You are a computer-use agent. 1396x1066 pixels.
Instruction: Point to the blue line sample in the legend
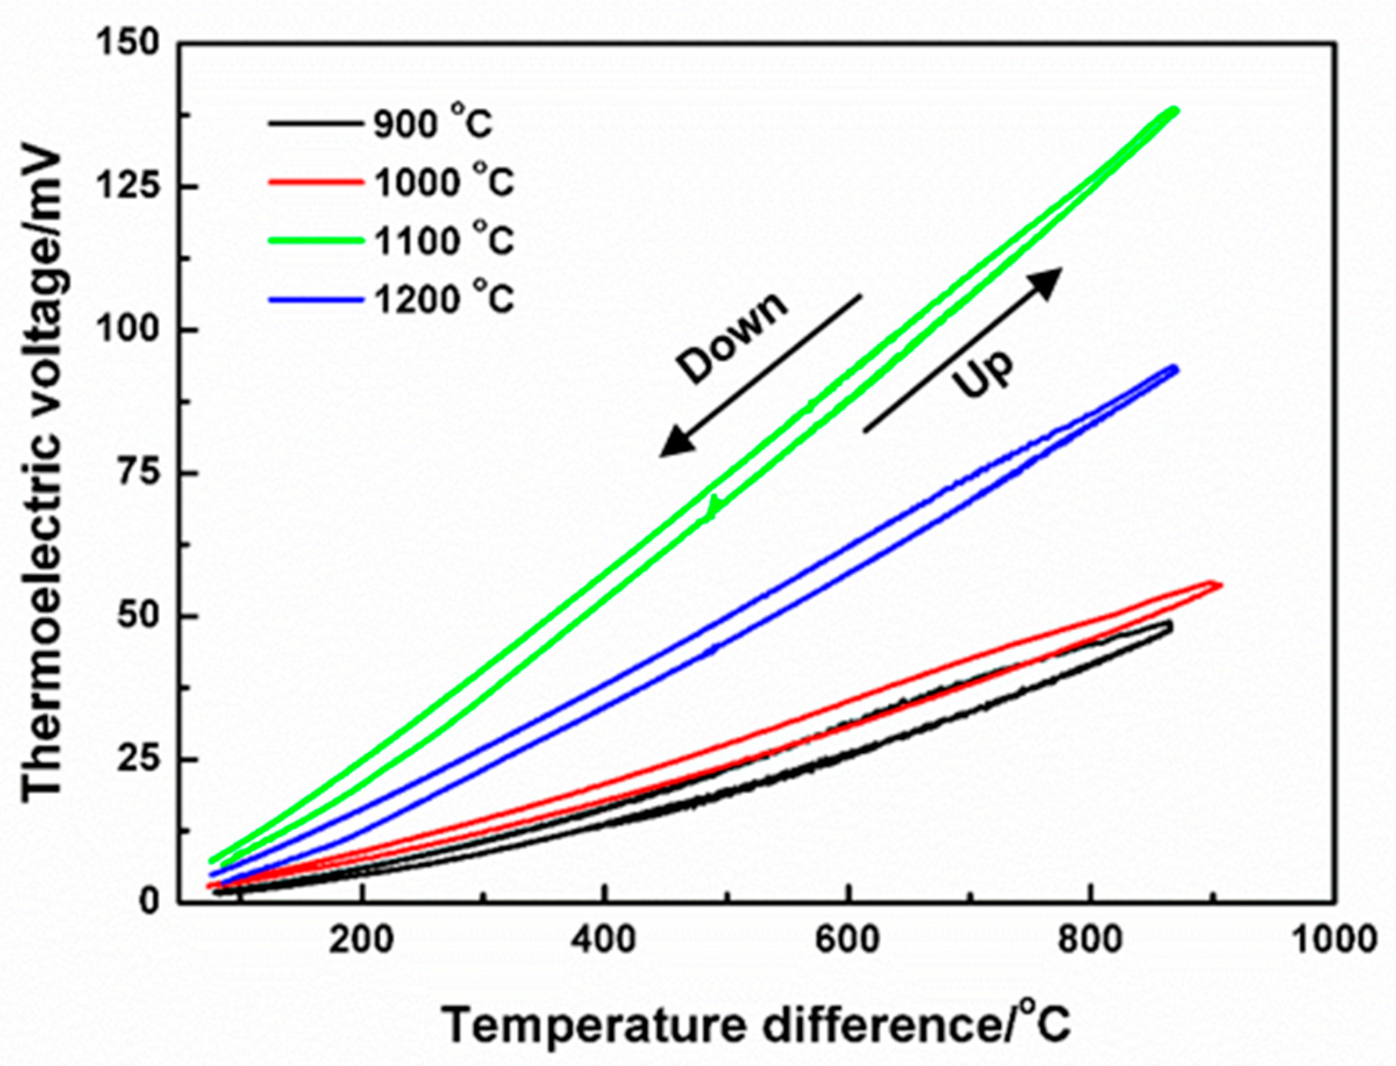tap(316, 299)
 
